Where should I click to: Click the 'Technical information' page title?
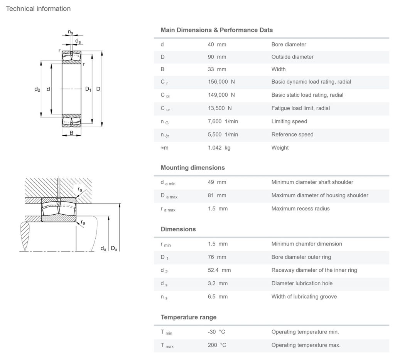tap(38, 8)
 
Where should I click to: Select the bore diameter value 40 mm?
tap(217, 44)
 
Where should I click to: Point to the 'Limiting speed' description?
tap(289, 121)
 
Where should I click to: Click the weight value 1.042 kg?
tap(219, 148)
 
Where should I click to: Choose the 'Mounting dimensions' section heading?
tap(192, 168)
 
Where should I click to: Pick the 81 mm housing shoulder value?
tap(217, 195)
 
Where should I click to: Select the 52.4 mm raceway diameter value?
tap(219, 270)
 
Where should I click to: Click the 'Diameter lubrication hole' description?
tap(302, 283)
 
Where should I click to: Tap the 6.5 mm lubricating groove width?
tap(218, 296)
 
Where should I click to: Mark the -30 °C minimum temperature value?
tap(216, 332)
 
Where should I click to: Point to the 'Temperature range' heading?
tap(188, 317)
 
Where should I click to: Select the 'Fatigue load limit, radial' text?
tap(300, 108)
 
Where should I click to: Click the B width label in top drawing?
tap(71, 133)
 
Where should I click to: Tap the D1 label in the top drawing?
tap(88, 89)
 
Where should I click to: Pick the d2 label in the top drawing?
tap(37, 89)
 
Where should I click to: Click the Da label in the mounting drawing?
tap(114, 249)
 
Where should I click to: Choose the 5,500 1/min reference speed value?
tap(223, 135)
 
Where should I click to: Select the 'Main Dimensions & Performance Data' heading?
tap(216, 30)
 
